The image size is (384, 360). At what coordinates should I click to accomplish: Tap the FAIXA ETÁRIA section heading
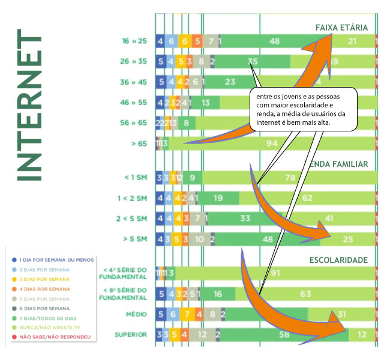(341, 28)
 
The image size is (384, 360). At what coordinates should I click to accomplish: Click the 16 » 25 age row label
(134, 41)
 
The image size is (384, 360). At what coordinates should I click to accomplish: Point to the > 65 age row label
(139, 143)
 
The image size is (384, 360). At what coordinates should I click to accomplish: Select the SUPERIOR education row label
(131, 334)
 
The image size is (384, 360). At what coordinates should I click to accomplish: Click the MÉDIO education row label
(136, 314)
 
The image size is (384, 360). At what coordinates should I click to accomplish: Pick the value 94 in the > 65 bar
(272, 143)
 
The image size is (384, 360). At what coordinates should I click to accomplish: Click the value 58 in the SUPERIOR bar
(285, 334)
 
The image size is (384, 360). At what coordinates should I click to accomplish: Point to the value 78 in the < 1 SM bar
(290, 178)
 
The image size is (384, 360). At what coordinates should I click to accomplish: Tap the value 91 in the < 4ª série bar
(275, 273)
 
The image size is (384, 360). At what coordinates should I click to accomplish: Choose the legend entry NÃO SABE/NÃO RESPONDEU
(55, 337)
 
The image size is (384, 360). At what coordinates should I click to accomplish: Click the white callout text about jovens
(304, 109)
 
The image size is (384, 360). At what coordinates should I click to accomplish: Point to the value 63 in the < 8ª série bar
(305, 293)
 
